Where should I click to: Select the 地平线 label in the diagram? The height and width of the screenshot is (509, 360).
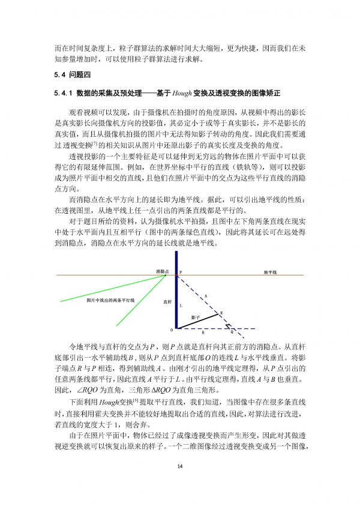coord(270,272)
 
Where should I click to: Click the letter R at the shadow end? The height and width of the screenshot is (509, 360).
coord(221,313)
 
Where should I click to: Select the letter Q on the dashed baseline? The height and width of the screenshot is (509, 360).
coord(232,331)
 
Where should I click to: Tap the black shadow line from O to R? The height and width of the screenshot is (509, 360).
coord(198,321)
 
